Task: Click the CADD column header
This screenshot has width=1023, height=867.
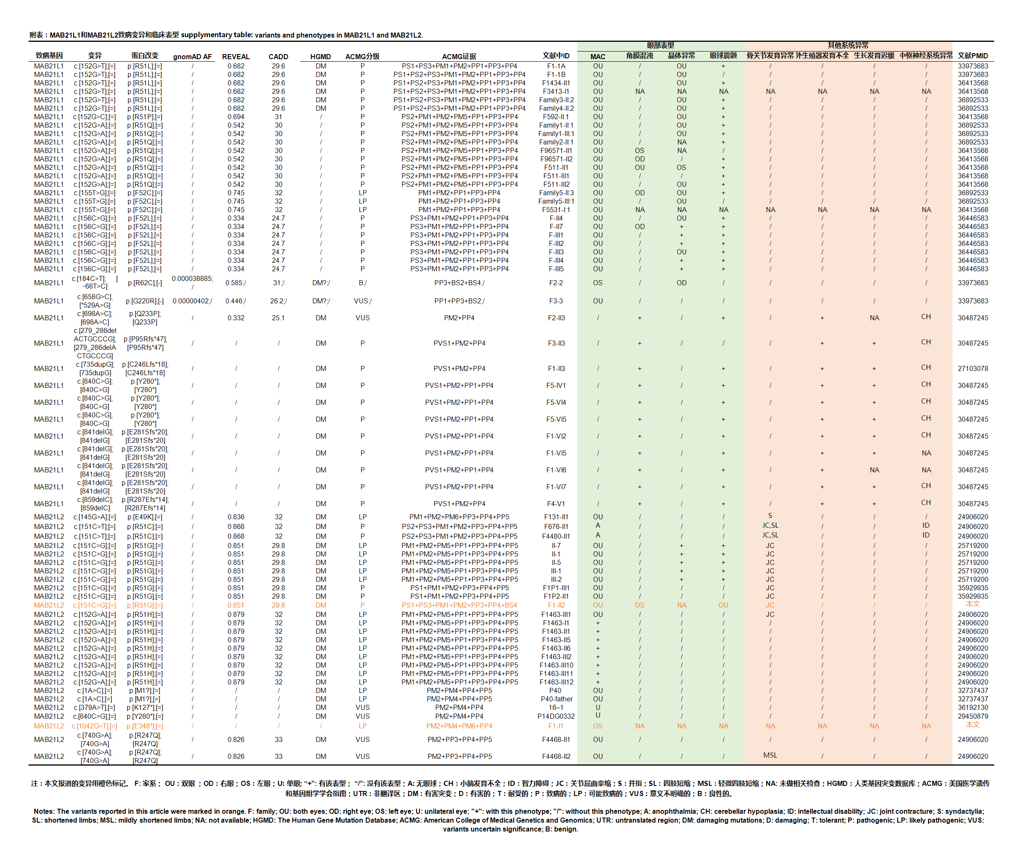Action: click(x=278, y=57)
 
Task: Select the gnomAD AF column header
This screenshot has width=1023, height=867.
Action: click(x=192, y=57)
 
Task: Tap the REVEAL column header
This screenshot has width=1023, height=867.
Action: click(x=236, y=57)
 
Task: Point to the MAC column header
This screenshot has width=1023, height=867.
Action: click(x=598, y=57)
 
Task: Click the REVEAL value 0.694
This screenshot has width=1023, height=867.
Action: click(x=236, y=117)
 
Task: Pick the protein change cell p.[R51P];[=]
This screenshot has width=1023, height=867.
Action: click(x=144, y=117)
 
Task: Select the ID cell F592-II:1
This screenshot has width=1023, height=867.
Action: click(x=556, y=117)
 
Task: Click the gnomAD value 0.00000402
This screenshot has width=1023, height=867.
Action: click(x=192, y=301)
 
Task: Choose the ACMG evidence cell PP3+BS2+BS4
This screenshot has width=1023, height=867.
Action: click(x=459, y=283)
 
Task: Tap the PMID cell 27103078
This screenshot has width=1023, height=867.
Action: click(x=972, y=368)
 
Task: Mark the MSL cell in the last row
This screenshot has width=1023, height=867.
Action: click(x=770, y=755)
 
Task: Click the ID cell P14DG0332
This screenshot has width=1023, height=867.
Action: click(x=556, y=716)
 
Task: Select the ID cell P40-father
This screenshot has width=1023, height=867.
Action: click(x=556, y=699)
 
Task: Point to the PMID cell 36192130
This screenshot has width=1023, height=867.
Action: click(x=972, y=708)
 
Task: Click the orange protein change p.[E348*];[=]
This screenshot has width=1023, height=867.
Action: click(x=144, y=726)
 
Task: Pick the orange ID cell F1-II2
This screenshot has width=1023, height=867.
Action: click(x=556, y=605)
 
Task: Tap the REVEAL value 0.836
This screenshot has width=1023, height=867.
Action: click(x=236, y=517)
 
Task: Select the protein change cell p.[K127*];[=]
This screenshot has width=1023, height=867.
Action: click(x=144, y=708)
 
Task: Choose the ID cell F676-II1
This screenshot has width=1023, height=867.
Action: click(x=556, y=526)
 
